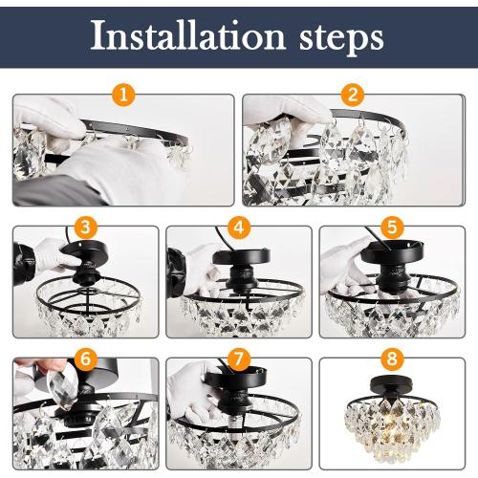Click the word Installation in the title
click(186, 36)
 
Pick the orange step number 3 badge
click(86, 228)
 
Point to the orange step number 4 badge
click(238, 228)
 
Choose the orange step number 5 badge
click(391, 228)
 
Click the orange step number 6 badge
click(86, 359)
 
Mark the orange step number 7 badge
click(238, 359)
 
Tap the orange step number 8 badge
click(391, 359)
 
